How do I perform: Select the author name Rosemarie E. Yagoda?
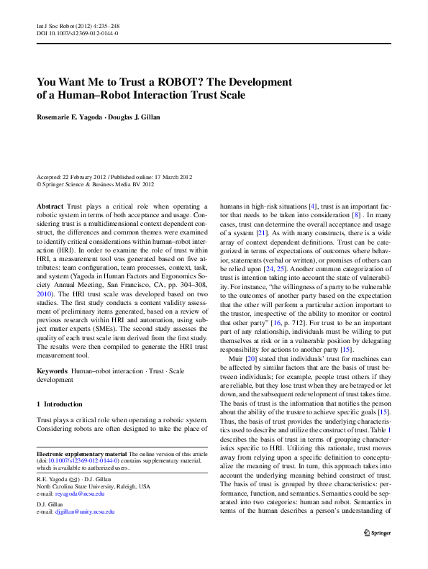(76, 116)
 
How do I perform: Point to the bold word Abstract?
(50, 206)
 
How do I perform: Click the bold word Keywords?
(52, 370)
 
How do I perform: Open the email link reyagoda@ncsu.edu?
(78, 494)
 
